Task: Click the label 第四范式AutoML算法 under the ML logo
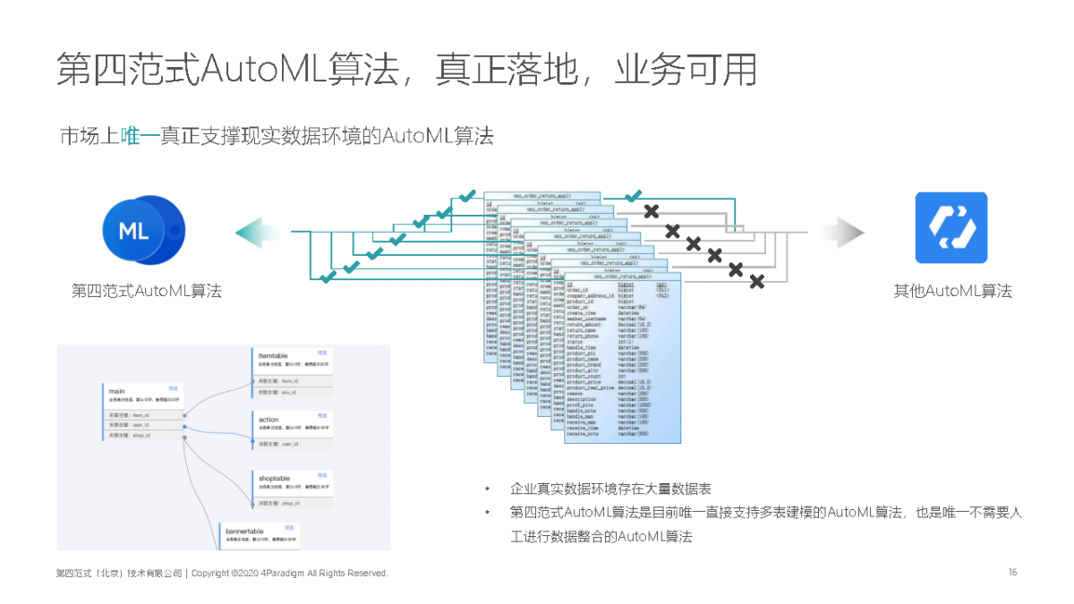147,291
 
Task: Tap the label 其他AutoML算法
952,291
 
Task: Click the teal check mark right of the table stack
634,195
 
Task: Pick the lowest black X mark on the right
756,282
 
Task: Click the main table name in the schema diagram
116,391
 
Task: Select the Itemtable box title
273,355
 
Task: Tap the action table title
268,419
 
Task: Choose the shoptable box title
274,479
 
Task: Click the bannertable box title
243,532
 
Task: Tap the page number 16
1012,573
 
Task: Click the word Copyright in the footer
211,573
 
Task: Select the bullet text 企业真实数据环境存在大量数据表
610,489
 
